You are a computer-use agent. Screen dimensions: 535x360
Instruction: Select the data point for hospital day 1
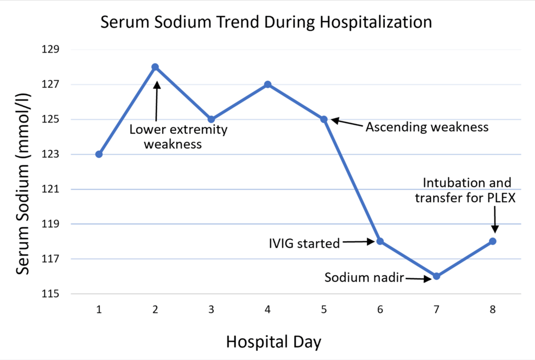coord(99,155)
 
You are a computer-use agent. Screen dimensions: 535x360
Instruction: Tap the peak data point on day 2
coord(155,67)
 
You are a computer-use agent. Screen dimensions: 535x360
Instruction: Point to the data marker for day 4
coord(268,84)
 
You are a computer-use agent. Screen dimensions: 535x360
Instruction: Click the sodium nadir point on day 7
coord(436,276)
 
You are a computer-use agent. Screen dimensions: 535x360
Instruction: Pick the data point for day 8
coord(493,241)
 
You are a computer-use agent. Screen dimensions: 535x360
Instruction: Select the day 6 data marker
coord(380,241)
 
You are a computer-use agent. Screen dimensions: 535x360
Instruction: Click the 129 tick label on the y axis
coord(50,49)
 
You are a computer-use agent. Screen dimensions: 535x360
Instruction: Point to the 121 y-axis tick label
coord(50,189)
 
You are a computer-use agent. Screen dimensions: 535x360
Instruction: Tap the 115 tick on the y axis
coord(50,293)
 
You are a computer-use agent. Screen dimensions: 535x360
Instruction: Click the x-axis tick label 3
coord(212,310)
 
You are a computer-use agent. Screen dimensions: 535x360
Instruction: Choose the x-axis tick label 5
coord(324,310)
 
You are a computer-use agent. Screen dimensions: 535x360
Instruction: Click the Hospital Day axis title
coord(273,342)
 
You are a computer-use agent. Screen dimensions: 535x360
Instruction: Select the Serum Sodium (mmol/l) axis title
coord(23,184)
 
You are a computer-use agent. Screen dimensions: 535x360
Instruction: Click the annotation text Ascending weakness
coord(427,127)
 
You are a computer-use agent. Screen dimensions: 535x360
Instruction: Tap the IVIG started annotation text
coord(304,243)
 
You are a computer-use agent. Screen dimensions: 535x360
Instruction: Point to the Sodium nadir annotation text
coord(364,278)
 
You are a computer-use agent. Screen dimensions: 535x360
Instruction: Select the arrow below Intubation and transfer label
coord(495,220)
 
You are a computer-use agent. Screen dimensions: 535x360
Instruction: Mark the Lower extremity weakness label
coord(178,137)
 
